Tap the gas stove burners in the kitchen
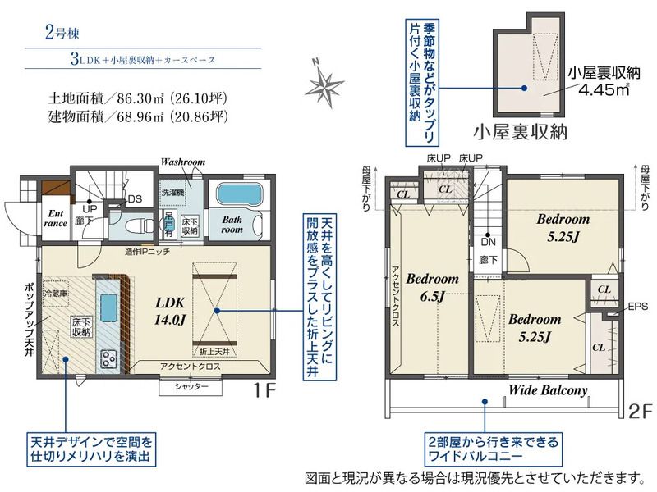(x=109, y=358)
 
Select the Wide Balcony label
(x=548, y=390)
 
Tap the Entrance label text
(x=54, y=217)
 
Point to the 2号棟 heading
(x=62, y=34)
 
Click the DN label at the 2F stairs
(x=488, y=242)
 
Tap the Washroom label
(x=182, y=162)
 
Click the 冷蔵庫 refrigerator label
(x=56, y=293)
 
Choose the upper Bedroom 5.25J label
(x=563, y=228)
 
